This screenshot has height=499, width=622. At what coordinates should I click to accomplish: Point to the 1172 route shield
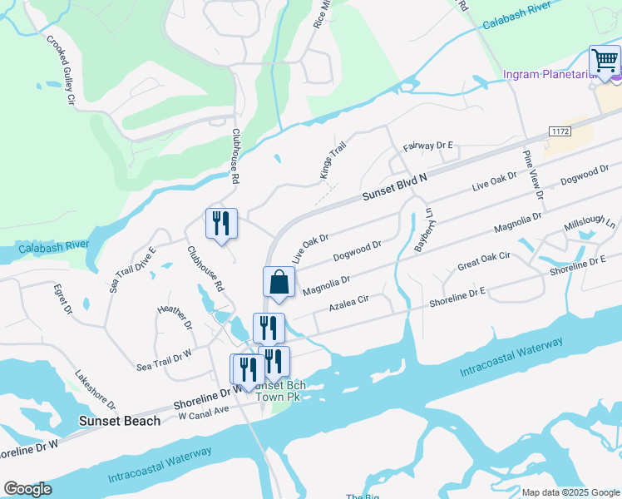point(559,132)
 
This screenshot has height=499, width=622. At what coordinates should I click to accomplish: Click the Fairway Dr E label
point(427,146)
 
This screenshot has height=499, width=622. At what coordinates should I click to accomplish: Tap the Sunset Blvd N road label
point(395,188)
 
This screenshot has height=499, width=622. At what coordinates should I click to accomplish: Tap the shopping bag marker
point(279,283)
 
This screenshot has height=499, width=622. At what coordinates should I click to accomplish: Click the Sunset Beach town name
point(120,421)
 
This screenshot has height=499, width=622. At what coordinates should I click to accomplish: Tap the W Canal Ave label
point(204,411)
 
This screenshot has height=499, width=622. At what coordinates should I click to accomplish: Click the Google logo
point(27,489)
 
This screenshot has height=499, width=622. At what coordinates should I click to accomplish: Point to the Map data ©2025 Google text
point(570,492)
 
